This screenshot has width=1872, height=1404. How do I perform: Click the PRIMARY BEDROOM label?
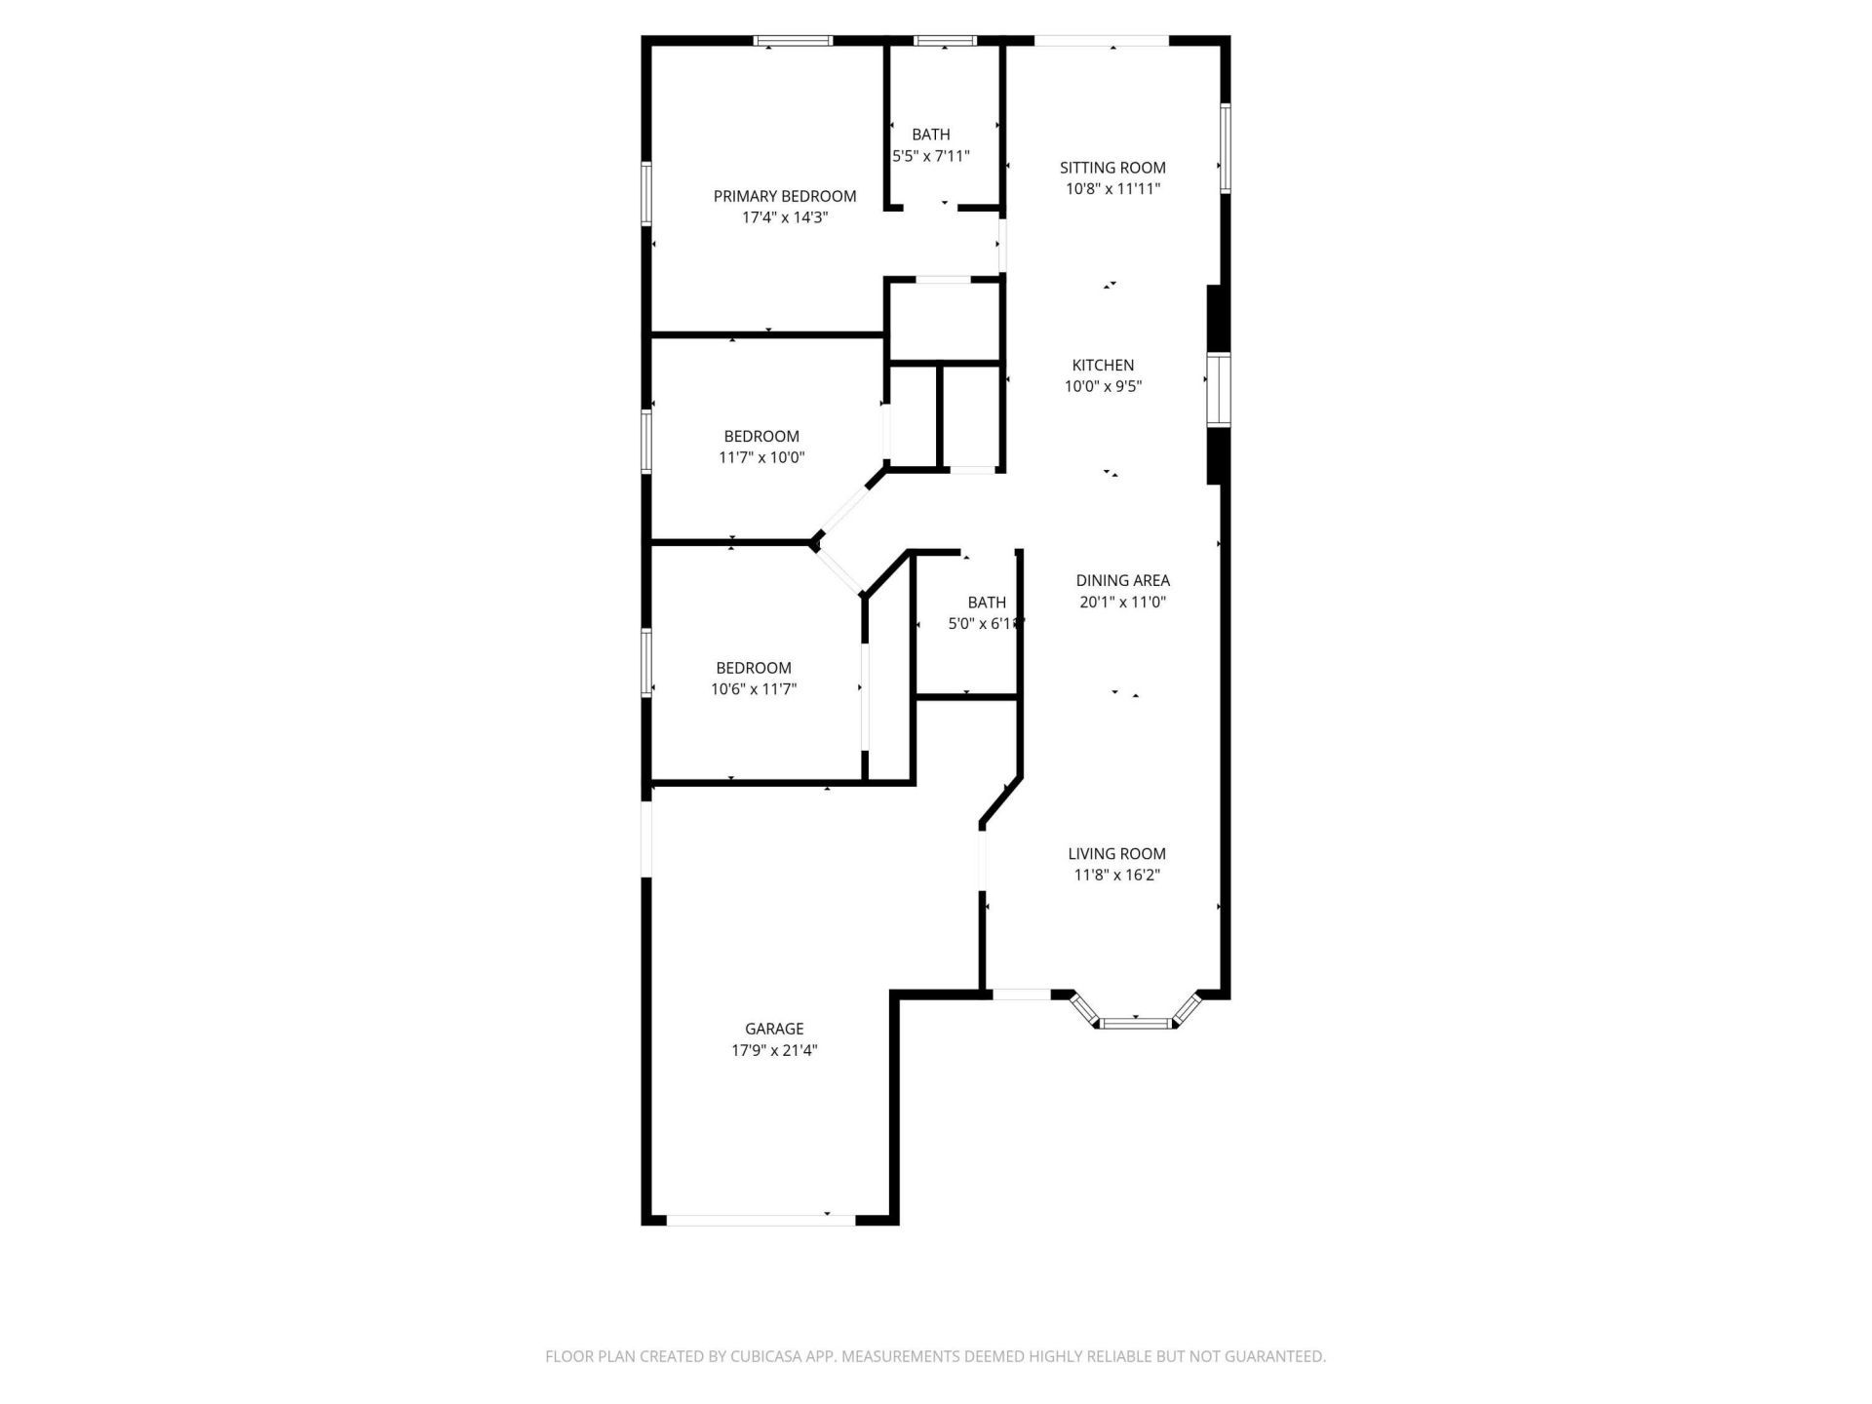click(x=784, y=196)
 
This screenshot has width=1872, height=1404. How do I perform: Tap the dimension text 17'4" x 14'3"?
click(x=784, y=217)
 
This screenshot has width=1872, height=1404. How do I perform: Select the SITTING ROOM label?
click(x=1112, y=168)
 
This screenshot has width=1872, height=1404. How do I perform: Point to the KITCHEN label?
click(x=1103, y=366)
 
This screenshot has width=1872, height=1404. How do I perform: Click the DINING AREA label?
click(x=1122, y=580)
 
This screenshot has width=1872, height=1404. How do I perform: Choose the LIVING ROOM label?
click(x=1116, y=854)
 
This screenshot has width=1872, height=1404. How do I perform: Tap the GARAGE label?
click(x=774, y=1029)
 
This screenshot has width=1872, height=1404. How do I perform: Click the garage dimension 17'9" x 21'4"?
click(x=774, y=1050)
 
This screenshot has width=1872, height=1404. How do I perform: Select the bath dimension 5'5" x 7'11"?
click(x=931, y=156)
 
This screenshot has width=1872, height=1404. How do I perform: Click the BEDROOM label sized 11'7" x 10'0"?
click(x=760, y=437)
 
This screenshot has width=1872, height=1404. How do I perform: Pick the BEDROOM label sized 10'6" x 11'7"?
click(x=753, y=668)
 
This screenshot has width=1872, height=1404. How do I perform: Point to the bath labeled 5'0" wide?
click(x=986, y=603)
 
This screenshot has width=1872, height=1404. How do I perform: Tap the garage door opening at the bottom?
click(x=760, y=1219)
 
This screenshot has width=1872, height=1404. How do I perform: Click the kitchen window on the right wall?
click(x=1219, y=390)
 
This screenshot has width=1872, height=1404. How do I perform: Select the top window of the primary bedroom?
click(x=794, y=41)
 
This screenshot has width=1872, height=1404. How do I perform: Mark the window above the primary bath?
click(x=945, y=41)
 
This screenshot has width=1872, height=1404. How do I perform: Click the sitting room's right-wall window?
click(x=1226, y=148)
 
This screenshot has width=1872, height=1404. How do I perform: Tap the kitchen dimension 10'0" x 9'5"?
click(x=1103, y=387)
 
